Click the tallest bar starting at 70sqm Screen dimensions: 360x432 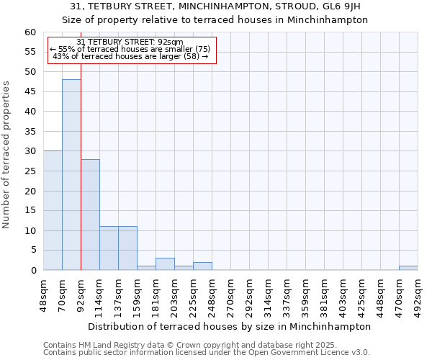coord(71,175)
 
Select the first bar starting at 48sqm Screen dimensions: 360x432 coord(53,210)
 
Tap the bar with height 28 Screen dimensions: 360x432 coord(90,215)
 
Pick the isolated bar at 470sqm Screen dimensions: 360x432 coord(408,268)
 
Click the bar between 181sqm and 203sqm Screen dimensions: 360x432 coord(165,264)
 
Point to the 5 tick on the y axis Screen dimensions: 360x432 coord(33,251)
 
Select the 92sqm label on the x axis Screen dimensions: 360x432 coord(81,293)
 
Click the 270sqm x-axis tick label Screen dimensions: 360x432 coord(230,293)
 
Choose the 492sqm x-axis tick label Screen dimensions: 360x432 coord(418,293)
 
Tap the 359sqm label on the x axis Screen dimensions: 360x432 coord(305,293)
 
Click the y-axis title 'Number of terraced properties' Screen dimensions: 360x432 coord(6,155)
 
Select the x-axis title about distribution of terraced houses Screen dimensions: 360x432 coord(230,326)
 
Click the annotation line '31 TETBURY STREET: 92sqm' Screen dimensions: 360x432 coord(130,42)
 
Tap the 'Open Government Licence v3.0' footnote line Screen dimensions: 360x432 coord(206,352)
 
